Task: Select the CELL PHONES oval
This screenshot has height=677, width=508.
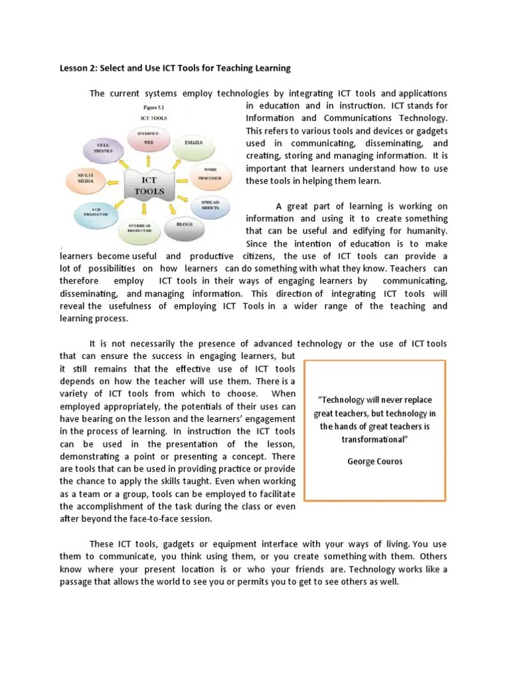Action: [x=104, y=148]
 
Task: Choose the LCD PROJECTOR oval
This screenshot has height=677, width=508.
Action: [x=93, y=212]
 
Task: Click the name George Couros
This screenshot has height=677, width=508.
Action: [x=374, y=461]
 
